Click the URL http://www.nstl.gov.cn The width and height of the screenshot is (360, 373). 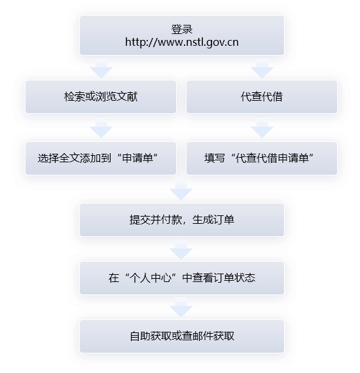pyautogui.click(x=182, y=42)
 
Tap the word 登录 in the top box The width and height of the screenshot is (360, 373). pyautogui.click(x=182, y=29)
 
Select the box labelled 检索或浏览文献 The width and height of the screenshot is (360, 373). pyautogui.click(x=101, y=97)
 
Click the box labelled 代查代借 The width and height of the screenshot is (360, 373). pyautogui.click(x=262, y=97)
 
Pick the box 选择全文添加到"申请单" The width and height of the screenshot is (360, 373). pyautogui.click(x=101, y=158)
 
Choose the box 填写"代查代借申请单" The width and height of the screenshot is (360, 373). pyautogui.click(x=262, y=158)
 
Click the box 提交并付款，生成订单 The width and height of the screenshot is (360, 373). pyautogui.click(x=182, y=220)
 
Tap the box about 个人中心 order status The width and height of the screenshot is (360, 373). pyautogui.click(x=182, y=278)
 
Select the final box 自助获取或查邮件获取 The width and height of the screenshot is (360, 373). pyautogui.click(x=182, y=336)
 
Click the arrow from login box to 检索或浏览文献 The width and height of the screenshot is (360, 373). pyautogui.click(x=101, y=69)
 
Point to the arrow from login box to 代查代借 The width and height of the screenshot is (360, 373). pyautogui.click(x=262, y=69)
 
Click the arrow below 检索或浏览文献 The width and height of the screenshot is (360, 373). pyautogui.click(x=101, y=128)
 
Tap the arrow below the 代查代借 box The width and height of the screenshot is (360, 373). pyautogui.click(x=262, y=128)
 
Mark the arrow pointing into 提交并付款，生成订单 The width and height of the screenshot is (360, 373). pyautogui.click(x=181, y=190)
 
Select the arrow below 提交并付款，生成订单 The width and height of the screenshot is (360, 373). pyautogui.click(x=181, y=250)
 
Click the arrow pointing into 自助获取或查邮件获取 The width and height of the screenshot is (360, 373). pyautogui.click(x=181, y=308)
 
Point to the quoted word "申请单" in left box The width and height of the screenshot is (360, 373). pyautogui.click(x=137, y=158)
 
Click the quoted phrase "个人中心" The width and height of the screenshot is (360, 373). pyautogui.click(x=151, y=278)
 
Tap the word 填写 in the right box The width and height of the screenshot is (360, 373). pyautogui.click(x=215, y=158)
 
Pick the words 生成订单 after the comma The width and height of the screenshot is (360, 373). pyautogui.click(x=213, y=220)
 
